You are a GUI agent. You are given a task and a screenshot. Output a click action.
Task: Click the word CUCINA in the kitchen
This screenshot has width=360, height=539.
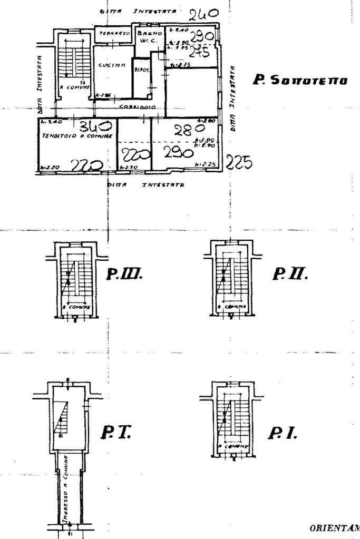(x=111, y=65)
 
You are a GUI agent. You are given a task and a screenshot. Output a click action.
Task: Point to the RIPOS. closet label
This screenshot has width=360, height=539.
(x=140, y=70)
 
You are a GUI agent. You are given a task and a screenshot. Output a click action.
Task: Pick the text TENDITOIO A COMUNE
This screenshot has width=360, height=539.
(x=77, y=136)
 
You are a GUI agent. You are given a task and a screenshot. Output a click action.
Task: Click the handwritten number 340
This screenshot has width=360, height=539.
(x=95, y=126)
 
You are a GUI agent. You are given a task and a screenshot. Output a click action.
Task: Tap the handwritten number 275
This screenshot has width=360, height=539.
(x=199, y=51)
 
